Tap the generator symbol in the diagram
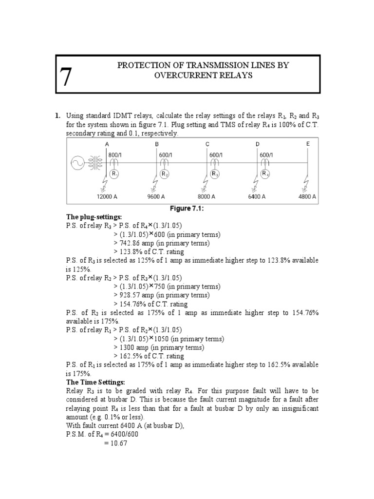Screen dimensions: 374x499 tap(77, 164)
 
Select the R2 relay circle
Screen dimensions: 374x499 tap(165, 174)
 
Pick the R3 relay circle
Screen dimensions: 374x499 tap(214, 174)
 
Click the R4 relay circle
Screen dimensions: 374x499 tap(265, 173)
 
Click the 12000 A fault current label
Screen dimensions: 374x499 tap(107, 197)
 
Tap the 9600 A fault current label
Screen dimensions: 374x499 tap(156, 197)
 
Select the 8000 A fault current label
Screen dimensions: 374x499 tap(206, 197)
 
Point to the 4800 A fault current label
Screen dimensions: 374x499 tap(307, 197)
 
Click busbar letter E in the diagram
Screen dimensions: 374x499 tap(308, 144)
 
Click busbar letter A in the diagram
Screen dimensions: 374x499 tap(107, 144)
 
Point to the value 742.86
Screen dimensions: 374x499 tap(129, 243)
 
